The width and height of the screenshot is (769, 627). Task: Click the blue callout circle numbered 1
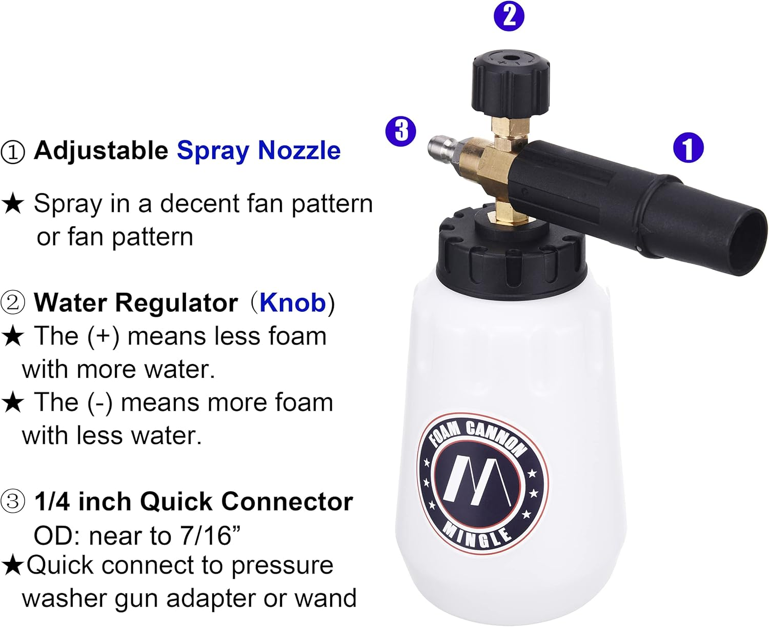pyautogui.click(x=688, y=148)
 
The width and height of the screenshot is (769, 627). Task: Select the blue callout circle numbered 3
pyautogui.click(x=401, y=131)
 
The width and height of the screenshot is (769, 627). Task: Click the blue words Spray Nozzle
pyautogui.click(x=258, y=151)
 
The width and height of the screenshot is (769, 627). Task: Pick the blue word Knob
pyautogui.click(x=292, y=302)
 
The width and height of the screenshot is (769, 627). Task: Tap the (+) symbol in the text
pyautogui.click(x=103, y=337)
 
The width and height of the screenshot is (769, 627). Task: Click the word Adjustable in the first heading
pyautogui.click(x=101, y=151)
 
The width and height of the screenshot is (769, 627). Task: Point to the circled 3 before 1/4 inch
pyautogui.click(x=13, y=502)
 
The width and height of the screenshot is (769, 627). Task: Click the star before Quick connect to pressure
pyautogui.click(x=12, y=565)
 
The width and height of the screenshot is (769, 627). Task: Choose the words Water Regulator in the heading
pyautogui.click(x=136, y=302)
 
